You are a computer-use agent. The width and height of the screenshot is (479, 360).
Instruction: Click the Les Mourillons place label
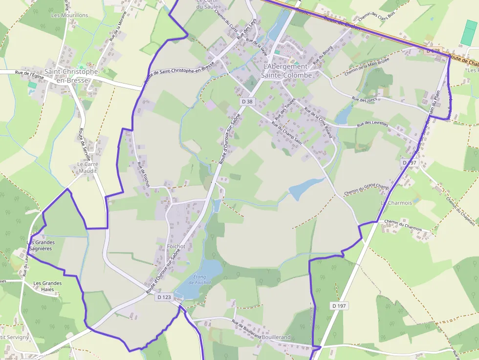click(x=70, y=15)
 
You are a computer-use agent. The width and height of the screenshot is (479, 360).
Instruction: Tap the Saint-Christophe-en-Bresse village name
click(x=72, y=76)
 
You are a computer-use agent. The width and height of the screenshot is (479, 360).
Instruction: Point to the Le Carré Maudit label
click(x=87, y=168)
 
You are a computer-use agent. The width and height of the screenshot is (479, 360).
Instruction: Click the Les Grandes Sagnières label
click(x=41, y=245)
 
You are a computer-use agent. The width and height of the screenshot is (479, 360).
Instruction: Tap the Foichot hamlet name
click(x=176, y=247)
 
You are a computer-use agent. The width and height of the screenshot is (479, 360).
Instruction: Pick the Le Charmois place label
click(x=396, y=203)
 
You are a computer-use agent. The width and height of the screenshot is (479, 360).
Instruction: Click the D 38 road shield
click(x=247, y=101)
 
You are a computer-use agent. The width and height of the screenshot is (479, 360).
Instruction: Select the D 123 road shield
click(x=165, y=296)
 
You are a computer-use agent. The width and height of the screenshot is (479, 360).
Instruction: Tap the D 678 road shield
click(x=433, y=51)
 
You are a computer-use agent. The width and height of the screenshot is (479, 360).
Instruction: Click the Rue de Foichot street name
click(x=143, y=174)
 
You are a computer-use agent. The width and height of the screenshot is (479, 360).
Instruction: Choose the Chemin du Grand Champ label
click(x=366, y=190)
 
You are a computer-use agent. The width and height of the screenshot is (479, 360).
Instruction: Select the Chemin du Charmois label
click(x=403, y=222)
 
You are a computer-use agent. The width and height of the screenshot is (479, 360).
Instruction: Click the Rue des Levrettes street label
click(x=372, y=124)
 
